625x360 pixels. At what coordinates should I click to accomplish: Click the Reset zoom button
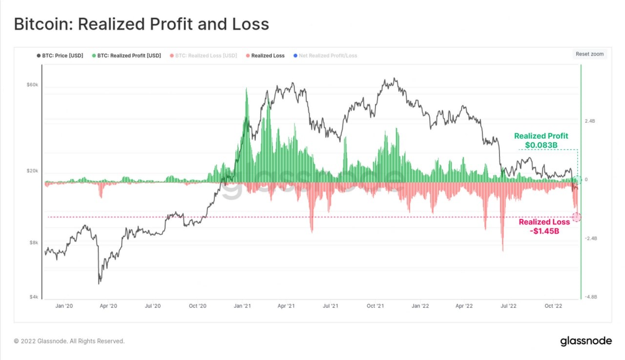pos(589,54)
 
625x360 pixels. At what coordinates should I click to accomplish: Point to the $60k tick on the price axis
pos(32,85)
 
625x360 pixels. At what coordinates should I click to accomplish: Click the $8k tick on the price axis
pos(33,242)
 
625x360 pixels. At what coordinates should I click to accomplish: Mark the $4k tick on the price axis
pos(33,297)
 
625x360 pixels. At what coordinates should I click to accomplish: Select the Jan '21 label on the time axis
pos(242,306)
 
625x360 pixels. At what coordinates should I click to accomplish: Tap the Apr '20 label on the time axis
pos(108,306)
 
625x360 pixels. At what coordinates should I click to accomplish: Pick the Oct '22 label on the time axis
pos(553,306)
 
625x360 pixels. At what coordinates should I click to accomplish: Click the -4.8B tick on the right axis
pos(590,297)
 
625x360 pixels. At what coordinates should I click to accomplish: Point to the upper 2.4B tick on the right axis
pos(590,121)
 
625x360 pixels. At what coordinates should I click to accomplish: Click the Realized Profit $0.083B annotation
pos(541,141)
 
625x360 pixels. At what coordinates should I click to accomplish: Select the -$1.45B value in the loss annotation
pos(544,231)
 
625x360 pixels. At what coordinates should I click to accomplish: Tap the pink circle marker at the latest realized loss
pos(577,217)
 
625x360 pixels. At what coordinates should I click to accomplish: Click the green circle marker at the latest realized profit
pos(577,180)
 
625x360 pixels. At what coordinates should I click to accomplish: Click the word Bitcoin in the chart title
pos(43,24)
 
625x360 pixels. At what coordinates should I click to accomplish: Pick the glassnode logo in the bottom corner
pos(585,340)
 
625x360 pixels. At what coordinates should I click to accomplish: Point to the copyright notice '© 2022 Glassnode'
pos(69,341)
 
